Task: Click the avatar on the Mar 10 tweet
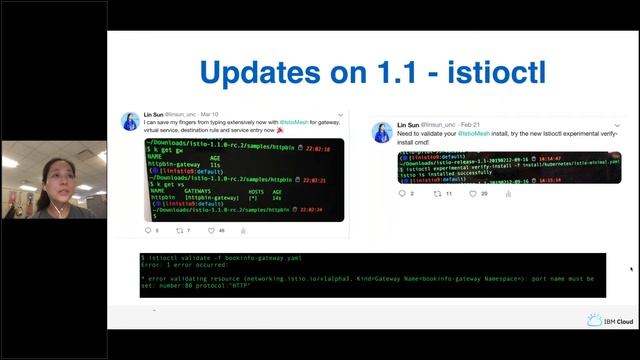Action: click(130, 121)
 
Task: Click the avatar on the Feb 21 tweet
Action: click(381, 131)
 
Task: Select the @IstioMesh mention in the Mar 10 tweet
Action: click(299, 120)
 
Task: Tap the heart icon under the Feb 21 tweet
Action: click(474, 193)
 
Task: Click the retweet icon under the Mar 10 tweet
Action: click(179, 231)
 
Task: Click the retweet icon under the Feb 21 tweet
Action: click(437, 193)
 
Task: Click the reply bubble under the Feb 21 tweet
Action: click(401, 193)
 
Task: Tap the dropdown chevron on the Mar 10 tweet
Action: click(340, 114)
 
